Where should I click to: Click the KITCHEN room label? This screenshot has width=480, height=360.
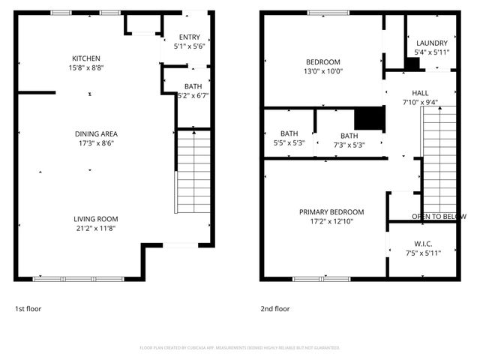(86, 58)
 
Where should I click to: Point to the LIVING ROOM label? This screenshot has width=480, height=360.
(94, 218)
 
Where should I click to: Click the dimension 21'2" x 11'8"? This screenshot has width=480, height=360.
(94, 228)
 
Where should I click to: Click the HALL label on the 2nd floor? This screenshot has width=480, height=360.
(420, 93)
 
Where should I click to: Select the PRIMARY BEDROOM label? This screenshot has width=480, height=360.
(331, 212)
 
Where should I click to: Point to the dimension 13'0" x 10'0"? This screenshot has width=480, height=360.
(323, 72)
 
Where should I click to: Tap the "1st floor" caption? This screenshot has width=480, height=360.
(28, 308)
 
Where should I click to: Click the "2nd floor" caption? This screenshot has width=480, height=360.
(274, 308)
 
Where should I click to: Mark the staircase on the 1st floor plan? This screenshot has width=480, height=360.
(193, 172)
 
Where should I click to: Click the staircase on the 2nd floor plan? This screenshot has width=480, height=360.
(439, 157)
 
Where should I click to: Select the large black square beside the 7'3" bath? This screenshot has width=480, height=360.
(368, 118)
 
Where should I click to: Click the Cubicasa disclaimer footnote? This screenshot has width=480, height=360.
(240, 348)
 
